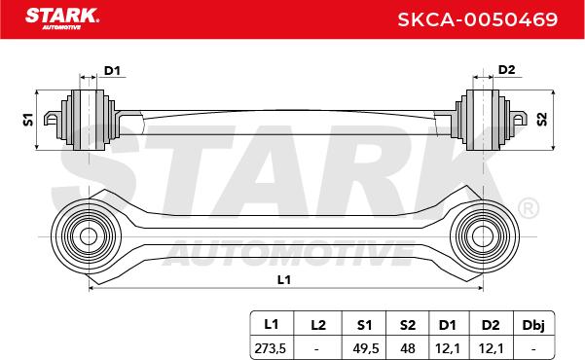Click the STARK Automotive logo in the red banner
click(x=62, y=18)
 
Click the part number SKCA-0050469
click(x=478, y=19)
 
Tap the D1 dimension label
click(x=112, y=70)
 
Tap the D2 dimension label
click(x=507, y=70)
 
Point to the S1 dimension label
click(x=28, y=120)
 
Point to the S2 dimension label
click(x=542, y=119)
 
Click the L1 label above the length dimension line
click(x=284, y=279)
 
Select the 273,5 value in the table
click(x=271, y=348)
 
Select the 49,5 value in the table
click(x=366, y=348)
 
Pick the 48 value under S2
click(x=408, y=348)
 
